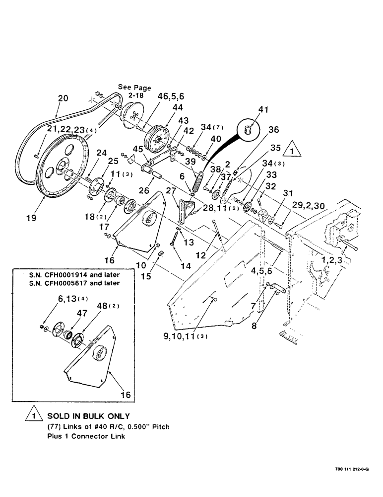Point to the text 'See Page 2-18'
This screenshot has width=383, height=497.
tap(134, 92)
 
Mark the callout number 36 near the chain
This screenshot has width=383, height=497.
tap(273, 130)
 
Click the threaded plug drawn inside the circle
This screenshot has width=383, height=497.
tap(248, 130)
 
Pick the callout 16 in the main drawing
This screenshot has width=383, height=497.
tap(111, 259)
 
